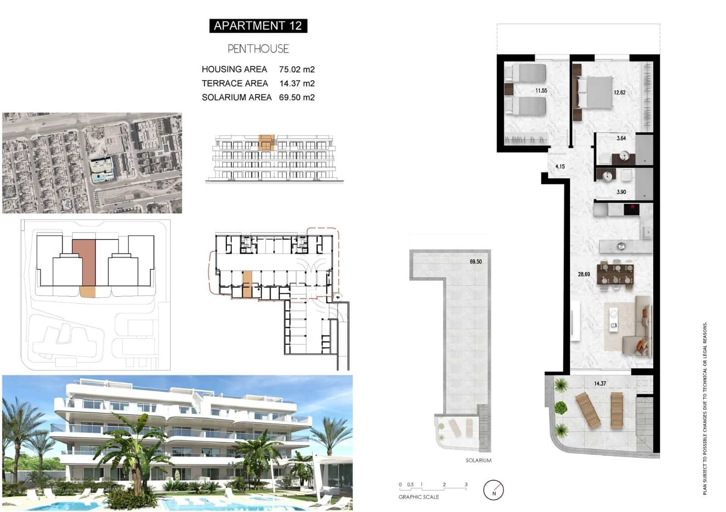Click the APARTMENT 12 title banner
point(258,26)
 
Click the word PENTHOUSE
point(258,49)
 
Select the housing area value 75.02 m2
point(297,70)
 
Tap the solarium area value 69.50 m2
point(297,97)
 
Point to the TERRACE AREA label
point(235,84)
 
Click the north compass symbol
point(494,491)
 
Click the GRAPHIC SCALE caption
point(418,497)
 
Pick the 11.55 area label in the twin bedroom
point(541,91)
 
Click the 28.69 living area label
point(584,274)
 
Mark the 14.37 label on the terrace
point(600,384)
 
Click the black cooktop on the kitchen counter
point(631,209)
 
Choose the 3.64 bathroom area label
point(621,139)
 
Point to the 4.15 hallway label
point(560,167)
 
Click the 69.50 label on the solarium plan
point(476,262)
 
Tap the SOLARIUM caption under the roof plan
point(478,461)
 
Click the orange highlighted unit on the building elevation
point(266,142)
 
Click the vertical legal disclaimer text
point(705,409)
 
